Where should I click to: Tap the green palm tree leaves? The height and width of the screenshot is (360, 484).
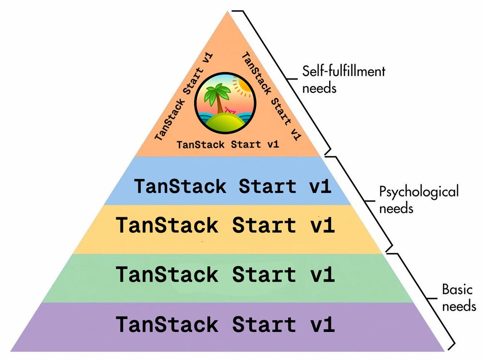click(x=216, y=94)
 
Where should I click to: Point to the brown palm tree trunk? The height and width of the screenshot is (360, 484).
click(x=220, y=109)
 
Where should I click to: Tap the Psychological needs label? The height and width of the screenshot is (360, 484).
click(x=418, y=199)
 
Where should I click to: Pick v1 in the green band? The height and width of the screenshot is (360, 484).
click(x=322, y=275)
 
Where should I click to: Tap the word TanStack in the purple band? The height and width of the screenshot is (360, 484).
click(x=167, y=324)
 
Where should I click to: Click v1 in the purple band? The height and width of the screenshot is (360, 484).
click(x=322, y=324)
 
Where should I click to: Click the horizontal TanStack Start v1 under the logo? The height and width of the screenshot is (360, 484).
click(x=227, y=144)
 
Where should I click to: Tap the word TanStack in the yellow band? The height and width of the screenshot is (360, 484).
click(x=167, y=225)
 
